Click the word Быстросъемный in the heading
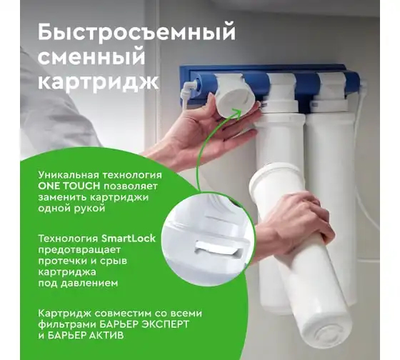[x=136, y=33]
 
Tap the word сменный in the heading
[x=91, y=57]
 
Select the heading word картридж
[x=99, y=82]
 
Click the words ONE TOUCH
[x=69, y=186]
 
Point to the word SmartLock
[x=129, y=239]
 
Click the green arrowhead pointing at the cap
[x=236, y=112]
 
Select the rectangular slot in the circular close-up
[x=219, y=249]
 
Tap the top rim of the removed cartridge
[x=276, y=174]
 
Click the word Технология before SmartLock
[x=69, y=239]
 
